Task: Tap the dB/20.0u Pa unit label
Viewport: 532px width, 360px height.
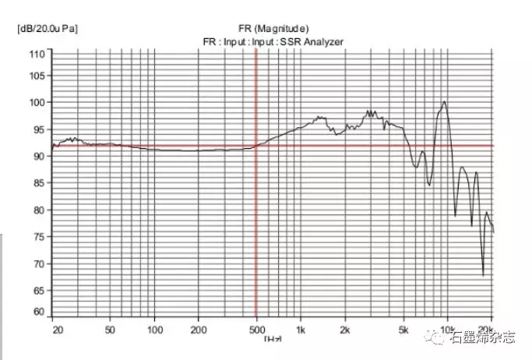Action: pos(47,29)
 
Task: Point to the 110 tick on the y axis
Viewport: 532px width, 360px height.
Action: pos(36,54)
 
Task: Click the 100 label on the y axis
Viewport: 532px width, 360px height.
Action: pos(36,102)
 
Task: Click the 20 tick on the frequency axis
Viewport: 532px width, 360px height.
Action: pos(57,330)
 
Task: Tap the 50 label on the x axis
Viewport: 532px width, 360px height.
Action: pos(111,330)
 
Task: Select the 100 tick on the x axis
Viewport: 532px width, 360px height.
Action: pos(154,330)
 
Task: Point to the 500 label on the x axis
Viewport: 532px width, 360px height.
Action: pos(256,330)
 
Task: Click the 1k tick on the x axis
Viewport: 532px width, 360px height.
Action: pos(301,330)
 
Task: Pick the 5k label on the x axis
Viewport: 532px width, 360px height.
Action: pos(403,330)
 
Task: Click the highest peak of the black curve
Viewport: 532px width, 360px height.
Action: pos(445,101)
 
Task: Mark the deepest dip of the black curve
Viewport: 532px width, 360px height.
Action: pos(483,275)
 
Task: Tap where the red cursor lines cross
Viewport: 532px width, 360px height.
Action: pos(256,146)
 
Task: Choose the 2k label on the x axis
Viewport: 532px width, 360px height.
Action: pos(345,330)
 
